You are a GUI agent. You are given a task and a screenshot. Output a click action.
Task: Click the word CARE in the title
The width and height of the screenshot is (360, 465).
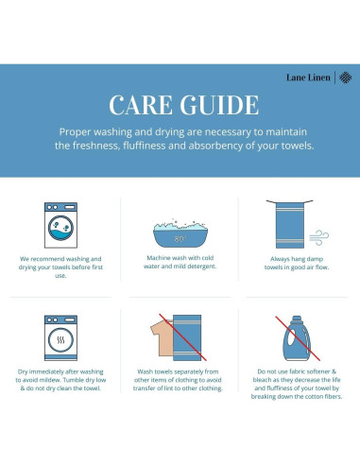coord(141,105)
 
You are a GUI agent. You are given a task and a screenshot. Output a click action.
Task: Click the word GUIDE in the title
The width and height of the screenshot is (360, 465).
coord(219,105)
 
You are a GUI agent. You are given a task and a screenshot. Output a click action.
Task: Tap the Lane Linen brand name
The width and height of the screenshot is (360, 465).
coord(308,77)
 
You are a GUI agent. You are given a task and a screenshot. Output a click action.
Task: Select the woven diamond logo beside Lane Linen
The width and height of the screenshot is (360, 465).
coord(345,77)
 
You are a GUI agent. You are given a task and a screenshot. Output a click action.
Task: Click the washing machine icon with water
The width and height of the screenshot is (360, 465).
coord(60,225)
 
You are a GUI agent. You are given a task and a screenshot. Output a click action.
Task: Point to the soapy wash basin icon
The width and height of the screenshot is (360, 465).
coord(180,233)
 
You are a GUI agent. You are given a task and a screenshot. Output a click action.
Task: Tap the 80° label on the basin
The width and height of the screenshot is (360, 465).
coord(180,239)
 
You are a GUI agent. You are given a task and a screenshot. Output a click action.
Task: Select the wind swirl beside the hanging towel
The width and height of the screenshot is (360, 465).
coord(318,237)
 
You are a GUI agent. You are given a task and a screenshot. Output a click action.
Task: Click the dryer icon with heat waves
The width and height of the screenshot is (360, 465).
coord(60,337)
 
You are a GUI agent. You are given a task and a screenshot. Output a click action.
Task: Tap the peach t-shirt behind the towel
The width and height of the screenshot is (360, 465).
coord(162,337)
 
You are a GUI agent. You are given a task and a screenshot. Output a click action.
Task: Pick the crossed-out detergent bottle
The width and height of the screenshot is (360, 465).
coord(297,338)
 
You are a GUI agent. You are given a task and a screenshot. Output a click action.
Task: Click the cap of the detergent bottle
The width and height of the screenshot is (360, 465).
coord(297,319)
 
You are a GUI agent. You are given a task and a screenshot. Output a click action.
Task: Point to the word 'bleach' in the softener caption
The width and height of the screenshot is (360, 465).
coord(263,380)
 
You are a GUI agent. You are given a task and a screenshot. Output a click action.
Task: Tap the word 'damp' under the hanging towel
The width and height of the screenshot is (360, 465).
coord(315,259)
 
